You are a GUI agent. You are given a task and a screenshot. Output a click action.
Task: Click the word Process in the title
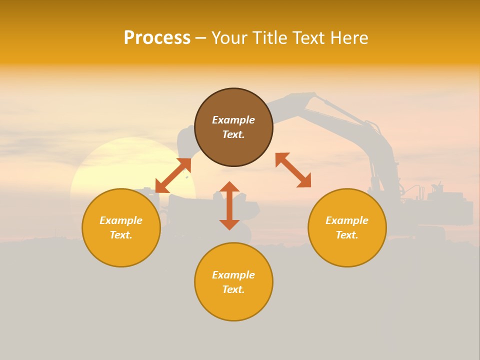coord(157,38)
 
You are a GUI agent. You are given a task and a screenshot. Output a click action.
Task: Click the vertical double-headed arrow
coord(229,205)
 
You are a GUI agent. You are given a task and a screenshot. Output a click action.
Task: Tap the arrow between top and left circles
coord(173,175)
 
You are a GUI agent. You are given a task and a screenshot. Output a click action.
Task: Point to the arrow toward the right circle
coord(293,170)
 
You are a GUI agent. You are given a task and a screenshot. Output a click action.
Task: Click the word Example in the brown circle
coord(233,120)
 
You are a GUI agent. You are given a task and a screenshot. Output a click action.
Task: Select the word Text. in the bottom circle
coord(233,289)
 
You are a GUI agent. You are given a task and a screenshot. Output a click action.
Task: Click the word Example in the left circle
coord(121,220)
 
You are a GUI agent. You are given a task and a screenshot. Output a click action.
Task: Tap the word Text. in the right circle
coord(347,235)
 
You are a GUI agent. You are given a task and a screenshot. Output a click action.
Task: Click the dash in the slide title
coord(200,38)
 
